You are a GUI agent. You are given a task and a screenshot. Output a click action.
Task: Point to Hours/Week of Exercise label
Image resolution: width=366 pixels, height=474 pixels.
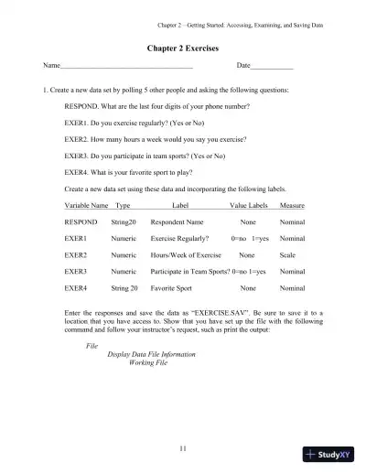point(186,255)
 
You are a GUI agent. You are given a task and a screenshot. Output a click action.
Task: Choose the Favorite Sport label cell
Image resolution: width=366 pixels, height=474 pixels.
point(174,288)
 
